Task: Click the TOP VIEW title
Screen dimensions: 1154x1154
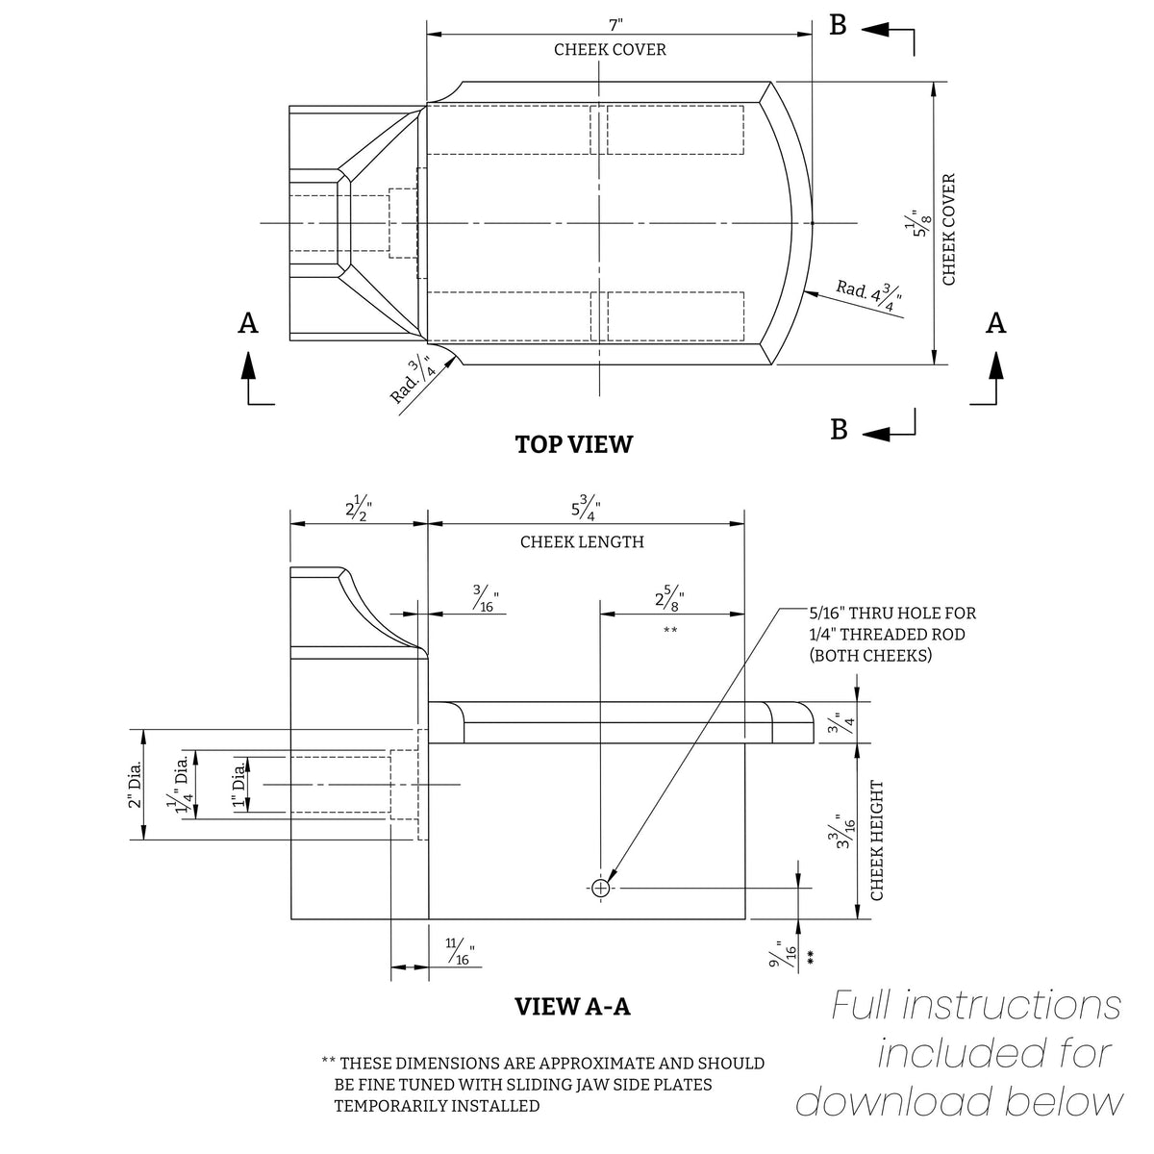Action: point(573,444)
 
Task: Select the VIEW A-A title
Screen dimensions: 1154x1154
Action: point(572,1007)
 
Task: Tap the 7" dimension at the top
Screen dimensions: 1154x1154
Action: point(615,25)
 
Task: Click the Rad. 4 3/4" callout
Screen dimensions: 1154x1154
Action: point(869,296)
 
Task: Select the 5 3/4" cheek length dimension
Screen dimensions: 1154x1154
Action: point(585,507)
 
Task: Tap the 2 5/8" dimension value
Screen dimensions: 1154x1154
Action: point(669,598)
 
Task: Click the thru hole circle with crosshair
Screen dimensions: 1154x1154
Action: point(600,889)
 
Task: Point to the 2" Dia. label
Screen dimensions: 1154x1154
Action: point(136,785)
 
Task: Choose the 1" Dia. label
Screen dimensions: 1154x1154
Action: point(240,785)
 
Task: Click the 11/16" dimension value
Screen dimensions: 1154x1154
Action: point(461,952)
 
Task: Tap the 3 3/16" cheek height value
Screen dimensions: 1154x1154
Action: point(843,832)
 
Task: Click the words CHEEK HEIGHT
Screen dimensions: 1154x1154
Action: point(877,840)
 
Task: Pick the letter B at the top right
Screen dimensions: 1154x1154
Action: point(838,25)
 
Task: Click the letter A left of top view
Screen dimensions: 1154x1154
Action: point(248,323)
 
